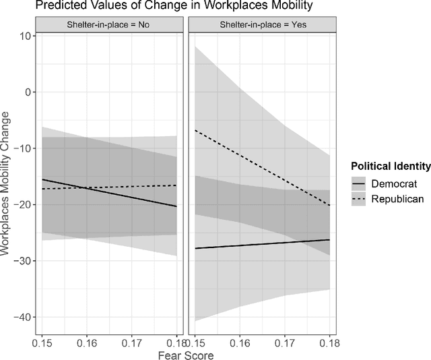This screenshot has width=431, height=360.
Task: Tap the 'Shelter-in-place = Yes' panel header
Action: pyautogui.click(x=261, y=26)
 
